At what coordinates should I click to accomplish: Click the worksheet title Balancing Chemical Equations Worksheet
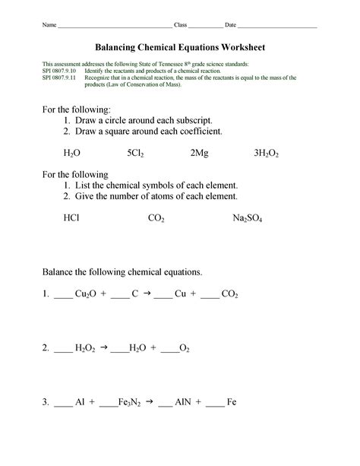click(x=180, y=47)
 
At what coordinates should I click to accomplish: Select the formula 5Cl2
click(x=136, y=153)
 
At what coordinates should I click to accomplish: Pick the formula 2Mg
click(x=200, y=153)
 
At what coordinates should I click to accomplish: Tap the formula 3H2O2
click(x=267, y=153)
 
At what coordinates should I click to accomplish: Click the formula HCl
click(x=71, y=217)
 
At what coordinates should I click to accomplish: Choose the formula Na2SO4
click(x=247, y=218)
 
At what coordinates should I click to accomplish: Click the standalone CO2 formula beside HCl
click(x=156, y=218)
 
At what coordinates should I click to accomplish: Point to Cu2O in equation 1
click(x=86, y=293)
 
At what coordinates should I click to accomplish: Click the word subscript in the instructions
click(x=190, y=120)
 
